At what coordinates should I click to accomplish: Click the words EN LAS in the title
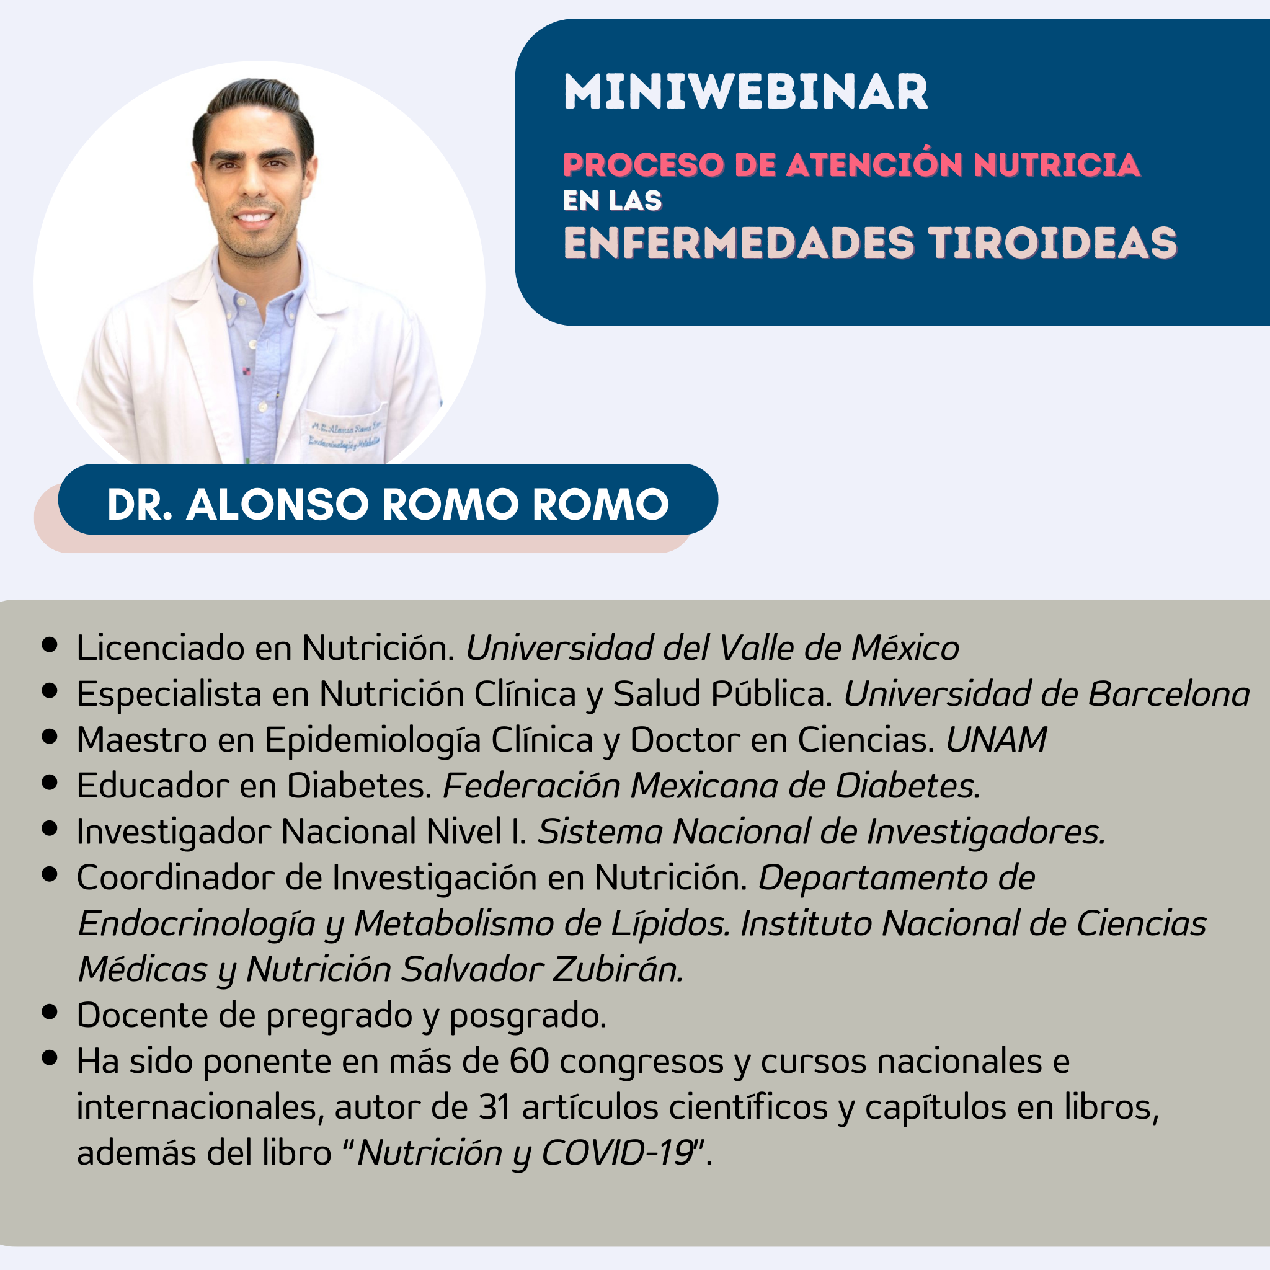click(612, 200)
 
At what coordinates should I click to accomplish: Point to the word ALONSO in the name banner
click(277, 504)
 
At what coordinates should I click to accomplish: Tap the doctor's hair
click(253, 109)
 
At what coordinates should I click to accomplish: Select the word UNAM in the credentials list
click(996, 740)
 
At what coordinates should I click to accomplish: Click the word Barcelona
click(1169, 693)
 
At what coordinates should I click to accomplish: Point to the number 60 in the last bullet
click(529, 1061)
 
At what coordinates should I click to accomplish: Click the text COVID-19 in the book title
click(618, 1153)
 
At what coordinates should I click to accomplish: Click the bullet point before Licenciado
click(50, 645)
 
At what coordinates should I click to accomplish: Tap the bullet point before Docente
click(50, 1011)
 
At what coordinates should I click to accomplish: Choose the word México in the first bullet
click(905, 647)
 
